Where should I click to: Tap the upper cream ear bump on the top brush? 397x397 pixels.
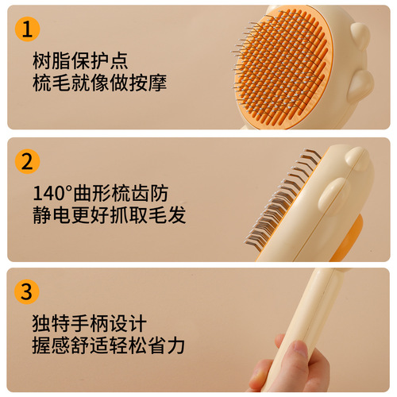(x=359, y=33)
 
